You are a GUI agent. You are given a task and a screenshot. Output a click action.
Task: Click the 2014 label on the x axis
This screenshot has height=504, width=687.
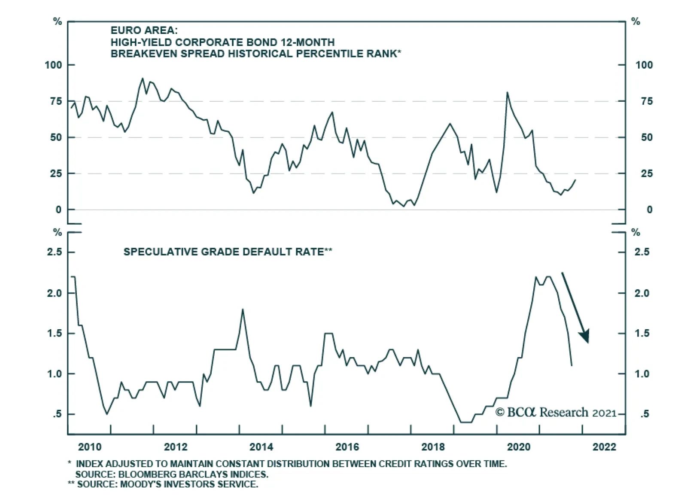coord(261,447)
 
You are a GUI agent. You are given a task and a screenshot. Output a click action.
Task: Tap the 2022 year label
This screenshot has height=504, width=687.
coord(604,447)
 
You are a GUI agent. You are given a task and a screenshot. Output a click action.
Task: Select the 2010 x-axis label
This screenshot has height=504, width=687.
coord(90,447)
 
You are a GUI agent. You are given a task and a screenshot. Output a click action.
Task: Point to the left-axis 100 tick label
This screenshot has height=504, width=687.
coord(53,65)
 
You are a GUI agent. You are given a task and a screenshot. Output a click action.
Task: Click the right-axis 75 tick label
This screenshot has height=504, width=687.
coord(644,101)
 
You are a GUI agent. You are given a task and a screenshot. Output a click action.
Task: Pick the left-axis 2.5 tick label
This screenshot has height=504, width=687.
coord(55,252)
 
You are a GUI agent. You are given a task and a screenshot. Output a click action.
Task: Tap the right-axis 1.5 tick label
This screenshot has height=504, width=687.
coord(642,334)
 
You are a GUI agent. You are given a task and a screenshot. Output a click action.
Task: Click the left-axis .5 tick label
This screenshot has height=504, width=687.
coord(58,414)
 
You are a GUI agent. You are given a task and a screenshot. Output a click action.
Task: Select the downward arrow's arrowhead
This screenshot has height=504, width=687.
coord(584,336)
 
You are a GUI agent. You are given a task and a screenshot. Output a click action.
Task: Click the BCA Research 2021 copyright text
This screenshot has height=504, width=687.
coord(556,413)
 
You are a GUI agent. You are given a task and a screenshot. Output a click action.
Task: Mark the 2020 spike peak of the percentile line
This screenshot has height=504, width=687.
coord(507,92)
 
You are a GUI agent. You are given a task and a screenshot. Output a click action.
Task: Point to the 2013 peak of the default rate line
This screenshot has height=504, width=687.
coord(243,310)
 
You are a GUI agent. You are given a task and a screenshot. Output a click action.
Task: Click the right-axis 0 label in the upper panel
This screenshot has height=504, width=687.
coord(649,210)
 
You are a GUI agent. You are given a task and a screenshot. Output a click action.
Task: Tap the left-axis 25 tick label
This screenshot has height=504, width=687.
coord(56,174)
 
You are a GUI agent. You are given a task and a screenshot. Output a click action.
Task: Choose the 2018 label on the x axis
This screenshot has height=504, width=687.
coord(433,447)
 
